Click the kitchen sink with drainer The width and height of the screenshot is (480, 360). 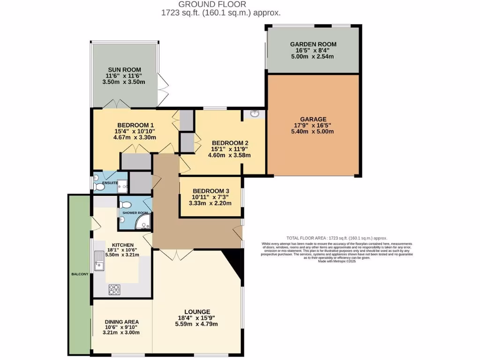(99, 261)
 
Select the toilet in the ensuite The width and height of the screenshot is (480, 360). (99, 187)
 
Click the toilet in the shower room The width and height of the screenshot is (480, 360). (125, 205)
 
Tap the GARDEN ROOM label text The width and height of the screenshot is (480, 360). (312, 45)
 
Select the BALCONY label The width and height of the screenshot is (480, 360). (80, 274)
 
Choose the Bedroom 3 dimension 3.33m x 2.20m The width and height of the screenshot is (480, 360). (210, 203)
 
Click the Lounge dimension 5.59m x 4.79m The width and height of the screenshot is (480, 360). (196, 324)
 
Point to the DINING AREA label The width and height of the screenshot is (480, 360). (121, 322)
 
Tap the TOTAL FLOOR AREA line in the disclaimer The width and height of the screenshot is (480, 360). (337, 238)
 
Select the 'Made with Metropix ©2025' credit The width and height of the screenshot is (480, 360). (337, 261)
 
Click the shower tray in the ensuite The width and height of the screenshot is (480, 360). (122, 187)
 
